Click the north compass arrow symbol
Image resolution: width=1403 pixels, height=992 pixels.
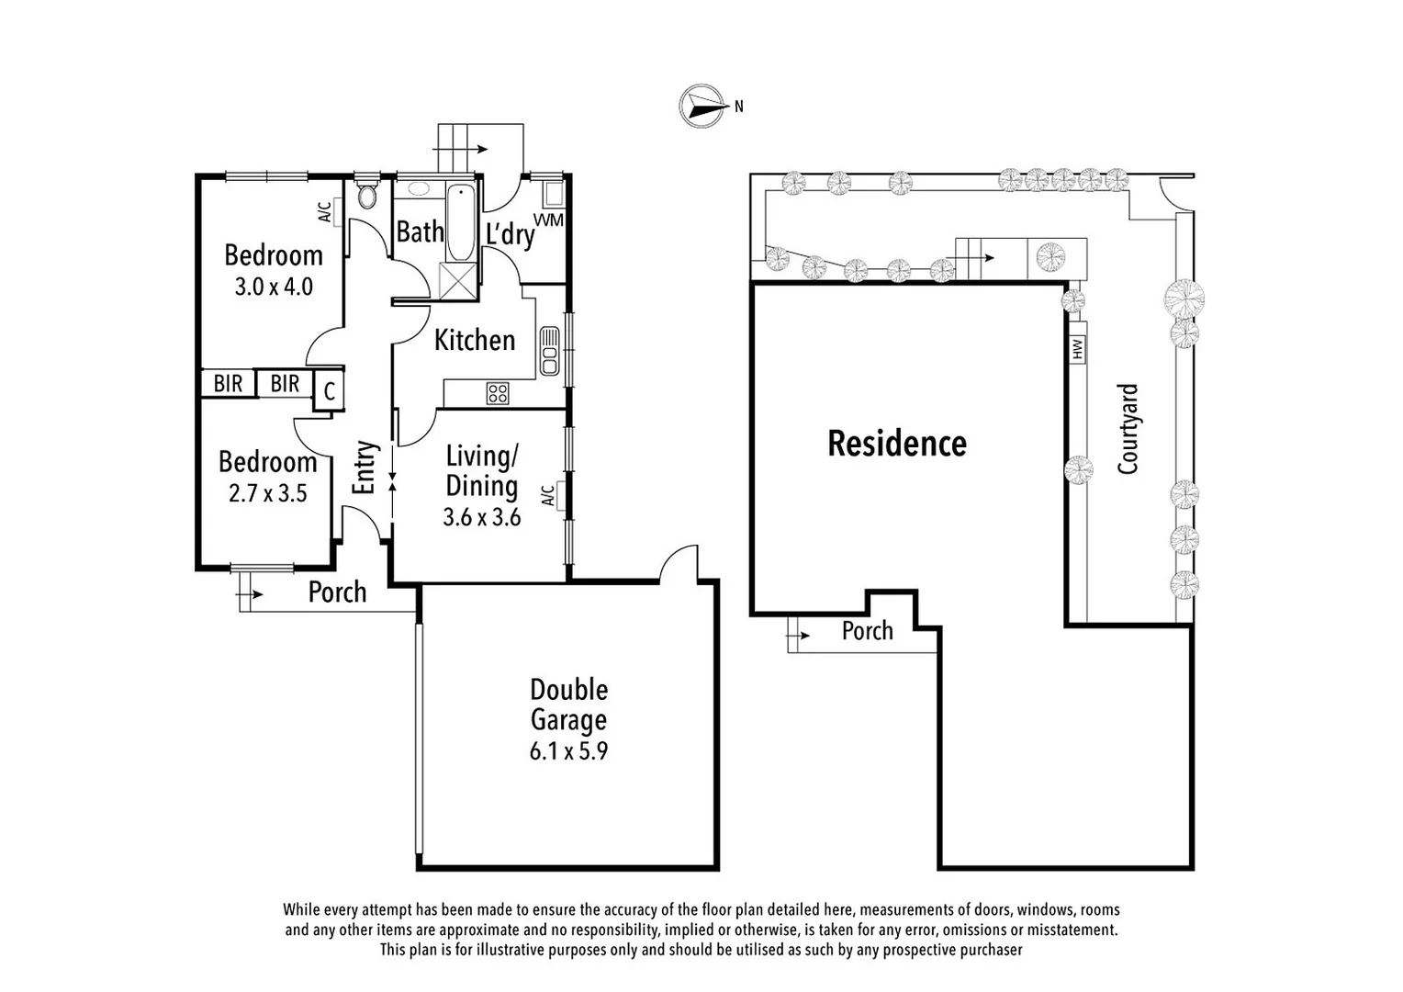pos(700,105)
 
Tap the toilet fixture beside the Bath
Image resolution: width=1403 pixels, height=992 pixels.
pos(367,195)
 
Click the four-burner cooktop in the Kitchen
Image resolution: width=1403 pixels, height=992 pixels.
pos(498,394)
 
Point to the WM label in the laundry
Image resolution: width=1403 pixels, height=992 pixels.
pos(548,220)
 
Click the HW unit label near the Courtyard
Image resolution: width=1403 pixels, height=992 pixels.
pos(1077,348)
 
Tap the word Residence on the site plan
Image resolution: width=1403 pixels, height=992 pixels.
pos(896,444)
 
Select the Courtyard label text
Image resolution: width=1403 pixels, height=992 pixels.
pos(1128,429)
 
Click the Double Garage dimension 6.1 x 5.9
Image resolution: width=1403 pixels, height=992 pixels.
pos(568,751)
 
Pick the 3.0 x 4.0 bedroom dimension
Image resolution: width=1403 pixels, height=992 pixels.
pos(274,287)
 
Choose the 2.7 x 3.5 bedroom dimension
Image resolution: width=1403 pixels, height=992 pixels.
pos(267,494)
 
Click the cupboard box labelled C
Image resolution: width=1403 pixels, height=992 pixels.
pos(329,391)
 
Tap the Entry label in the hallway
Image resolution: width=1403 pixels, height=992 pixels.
pos(365,468)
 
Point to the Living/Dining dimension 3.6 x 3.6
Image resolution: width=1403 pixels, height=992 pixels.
pos(482,517)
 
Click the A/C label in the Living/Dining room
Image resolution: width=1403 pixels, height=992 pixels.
pos(547,496)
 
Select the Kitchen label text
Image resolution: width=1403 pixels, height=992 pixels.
pos(474,340)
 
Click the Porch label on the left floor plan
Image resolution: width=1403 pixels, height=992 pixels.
pos(337,592)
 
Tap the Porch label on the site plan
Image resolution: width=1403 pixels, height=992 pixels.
pos(867,631)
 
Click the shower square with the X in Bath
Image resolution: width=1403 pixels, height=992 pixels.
pos(460,280)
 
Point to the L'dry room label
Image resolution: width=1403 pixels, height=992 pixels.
pos(510,234)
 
